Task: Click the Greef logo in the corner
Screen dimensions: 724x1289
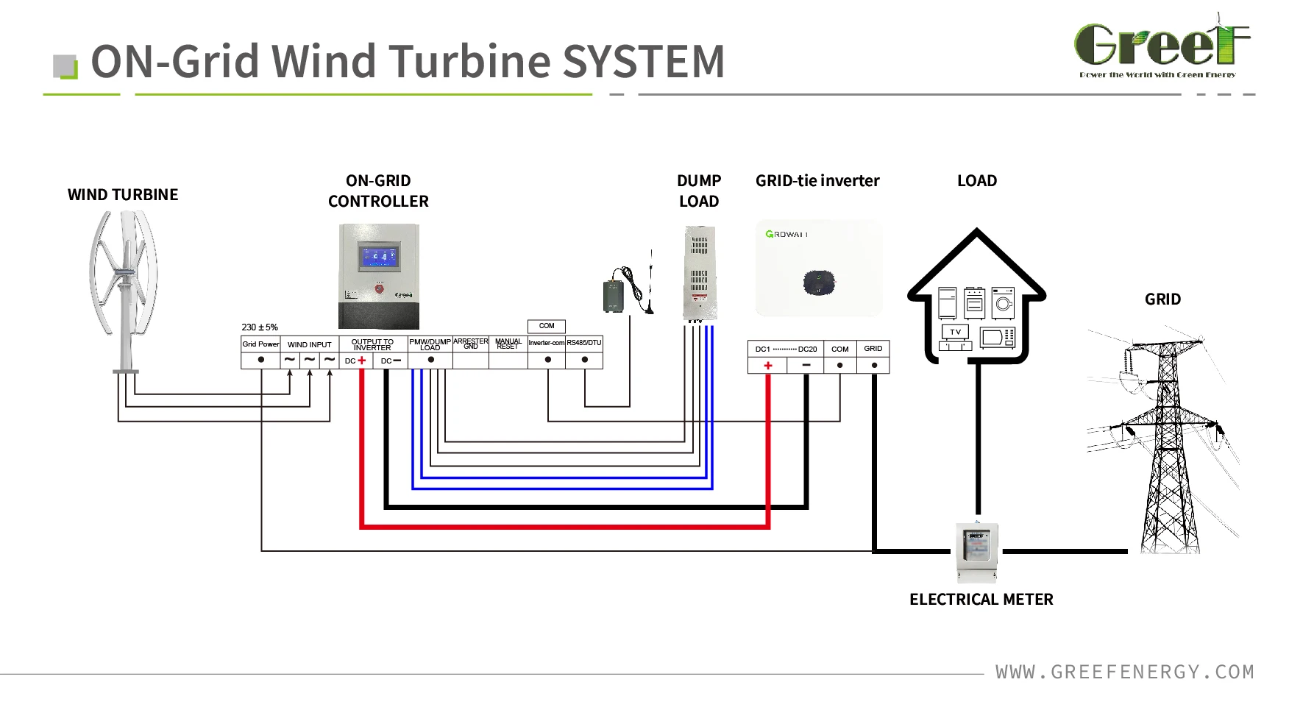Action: [x=1161, y=46]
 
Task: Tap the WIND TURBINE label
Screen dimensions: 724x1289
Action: [x=123, y=195]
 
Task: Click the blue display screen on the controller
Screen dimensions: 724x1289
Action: [x=378, y=257]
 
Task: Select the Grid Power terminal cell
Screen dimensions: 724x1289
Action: [x=260, y=344]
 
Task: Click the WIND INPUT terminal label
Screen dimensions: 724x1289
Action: [x=309, y=344]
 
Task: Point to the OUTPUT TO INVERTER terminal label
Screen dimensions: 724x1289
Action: [x=372, y=344]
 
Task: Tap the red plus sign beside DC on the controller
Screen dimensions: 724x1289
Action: [x=362, y=361]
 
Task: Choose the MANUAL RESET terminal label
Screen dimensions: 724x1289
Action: [x=508, y=344]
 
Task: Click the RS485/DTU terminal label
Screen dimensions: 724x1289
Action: [x=584, y=343]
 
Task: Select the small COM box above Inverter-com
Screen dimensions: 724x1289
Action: [x=547, y=326]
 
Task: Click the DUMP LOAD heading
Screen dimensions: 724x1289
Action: [x=699, y=191]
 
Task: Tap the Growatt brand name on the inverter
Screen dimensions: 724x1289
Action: [x=786, y=235]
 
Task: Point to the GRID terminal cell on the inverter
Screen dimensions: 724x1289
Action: [x=873, y=349]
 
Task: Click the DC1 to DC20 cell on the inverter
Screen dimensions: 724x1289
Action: [x=786, y=349]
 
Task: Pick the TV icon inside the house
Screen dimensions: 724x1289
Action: [x=955, y=333]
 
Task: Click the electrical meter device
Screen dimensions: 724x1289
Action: [x=977, y=551]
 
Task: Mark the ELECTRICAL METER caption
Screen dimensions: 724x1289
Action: [x=981, y=600]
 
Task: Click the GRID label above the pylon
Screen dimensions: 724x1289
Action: [x=1162, y=299]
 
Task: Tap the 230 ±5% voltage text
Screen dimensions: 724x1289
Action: [x=260, y=327]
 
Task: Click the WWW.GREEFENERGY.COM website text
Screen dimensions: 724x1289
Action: [x=1124, y=672]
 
